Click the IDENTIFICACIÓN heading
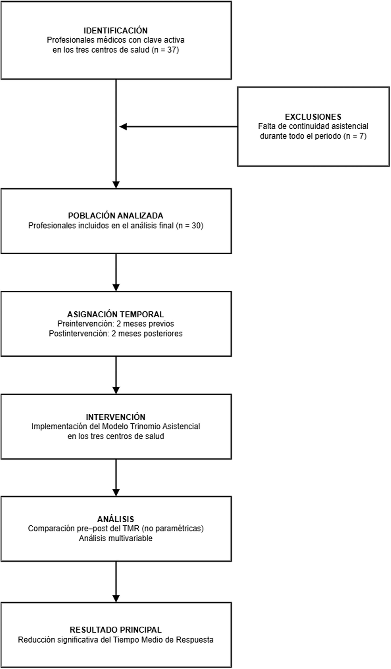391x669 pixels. pos(116,30)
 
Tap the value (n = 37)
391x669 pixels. pos(165,50)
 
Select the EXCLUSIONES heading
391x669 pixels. pos(313,117)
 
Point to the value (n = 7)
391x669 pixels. pos(355,136)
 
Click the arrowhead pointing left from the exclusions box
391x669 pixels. pos(123,127)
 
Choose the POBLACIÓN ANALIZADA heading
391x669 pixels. pos(116,216)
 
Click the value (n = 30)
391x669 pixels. pos(190,226)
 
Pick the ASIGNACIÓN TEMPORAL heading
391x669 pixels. pos(116,314)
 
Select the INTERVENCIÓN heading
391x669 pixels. pos(116,417)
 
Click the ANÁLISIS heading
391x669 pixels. pos(116,519)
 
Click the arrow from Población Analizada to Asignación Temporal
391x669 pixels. pos(116,273)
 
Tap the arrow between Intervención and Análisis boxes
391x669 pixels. pos(116,478)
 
